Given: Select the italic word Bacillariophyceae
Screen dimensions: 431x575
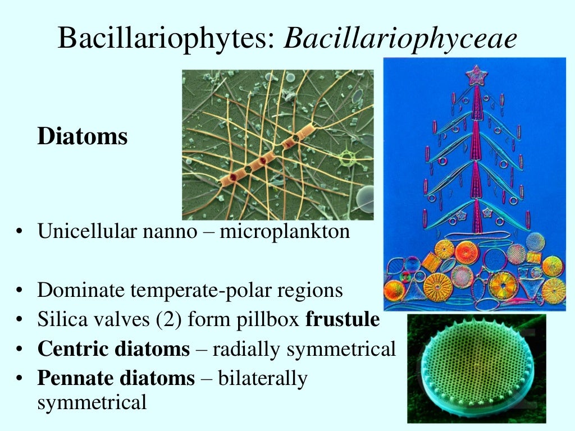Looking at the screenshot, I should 400,39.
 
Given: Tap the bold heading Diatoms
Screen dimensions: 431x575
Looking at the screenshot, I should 83,137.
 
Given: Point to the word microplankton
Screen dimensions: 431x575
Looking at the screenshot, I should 284,231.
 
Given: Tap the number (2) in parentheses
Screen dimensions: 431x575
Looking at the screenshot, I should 166,320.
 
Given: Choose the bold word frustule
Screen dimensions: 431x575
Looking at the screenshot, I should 343,319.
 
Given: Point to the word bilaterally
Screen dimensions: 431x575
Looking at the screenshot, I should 262,379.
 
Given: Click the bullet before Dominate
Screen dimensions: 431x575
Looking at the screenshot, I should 20,291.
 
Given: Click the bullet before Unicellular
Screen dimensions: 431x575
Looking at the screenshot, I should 20,232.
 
